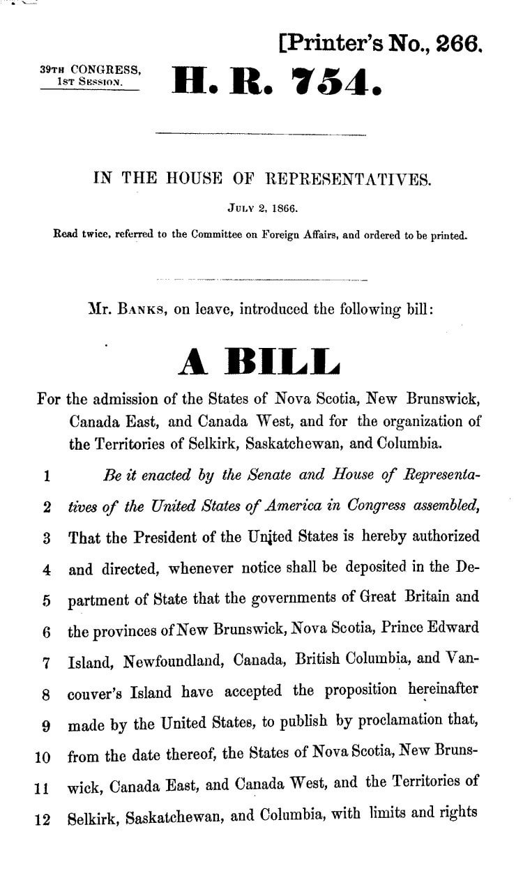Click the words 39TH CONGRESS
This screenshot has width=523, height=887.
point(91,70)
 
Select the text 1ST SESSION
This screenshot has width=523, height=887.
point(91,82)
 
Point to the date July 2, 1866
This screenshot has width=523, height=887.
point(261,207)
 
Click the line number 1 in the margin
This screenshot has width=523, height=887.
point(45,477)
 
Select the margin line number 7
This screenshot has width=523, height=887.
point(45,660)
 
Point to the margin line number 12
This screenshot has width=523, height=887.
point(42,814)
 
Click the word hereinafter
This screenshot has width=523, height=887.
point(444,690)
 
